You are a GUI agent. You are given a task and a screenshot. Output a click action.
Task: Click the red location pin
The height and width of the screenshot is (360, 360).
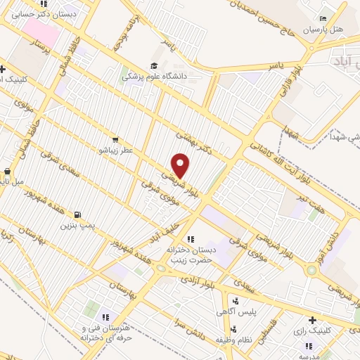coord(181,165)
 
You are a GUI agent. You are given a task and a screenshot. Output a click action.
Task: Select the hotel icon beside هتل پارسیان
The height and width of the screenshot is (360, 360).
coord(323,18)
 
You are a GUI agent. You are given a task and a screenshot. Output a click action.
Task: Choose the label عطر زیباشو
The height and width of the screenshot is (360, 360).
coord(112,150)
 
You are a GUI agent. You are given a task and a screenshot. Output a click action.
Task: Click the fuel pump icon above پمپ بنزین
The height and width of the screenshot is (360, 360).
coord(77,214)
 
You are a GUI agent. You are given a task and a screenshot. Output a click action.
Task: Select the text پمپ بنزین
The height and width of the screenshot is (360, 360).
coord(77,226)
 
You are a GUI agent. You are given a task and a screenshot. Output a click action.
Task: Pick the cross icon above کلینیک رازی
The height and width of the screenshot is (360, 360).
coord(311,321)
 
